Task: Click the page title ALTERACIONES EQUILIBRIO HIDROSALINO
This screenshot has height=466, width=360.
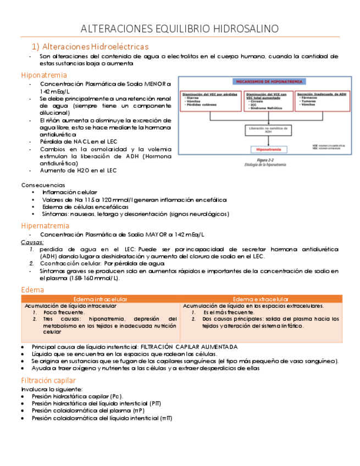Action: pos(180,29)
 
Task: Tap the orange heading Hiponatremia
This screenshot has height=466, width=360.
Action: pos(44,75)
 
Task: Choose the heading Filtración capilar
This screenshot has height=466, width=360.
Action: pos(48,380)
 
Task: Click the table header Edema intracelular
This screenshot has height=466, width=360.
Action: pos(101,299)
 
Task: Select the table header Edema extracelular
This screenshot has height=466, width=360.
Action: pos(262,299)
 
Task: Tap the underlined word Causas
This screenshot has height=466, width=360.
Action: pos(32,242)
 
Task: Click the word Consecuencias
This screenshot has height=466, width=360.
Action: pos(43,185)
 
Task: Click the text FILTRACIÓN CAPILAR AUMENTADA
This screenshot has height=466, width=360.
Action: pos(190,347)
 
